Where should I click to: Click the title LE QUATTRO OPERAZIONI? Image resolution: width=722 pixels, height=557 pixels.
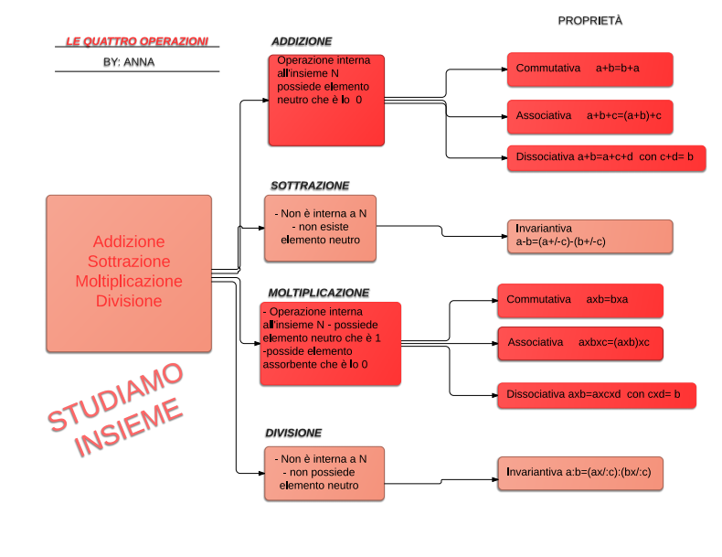137,41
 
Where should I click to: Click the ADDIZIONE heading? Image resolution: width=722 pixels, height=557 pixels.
302,41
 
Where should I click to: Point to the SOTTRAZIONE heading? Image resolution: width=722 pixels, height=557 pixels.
310,185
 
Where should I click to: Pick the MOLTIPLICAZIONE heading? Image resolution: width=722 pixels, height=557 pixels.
319,293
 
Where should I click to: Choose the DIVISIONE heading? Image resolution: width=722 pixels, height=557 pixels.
293,433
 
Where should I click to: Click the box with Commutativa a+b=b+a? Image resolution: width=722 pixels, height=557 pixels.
589,69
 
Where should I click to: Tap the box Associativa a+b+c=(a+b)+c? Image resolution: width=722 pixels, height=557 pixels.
589,116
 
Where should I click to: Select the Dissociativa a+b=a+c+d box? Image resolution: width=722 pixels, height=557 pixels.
607,157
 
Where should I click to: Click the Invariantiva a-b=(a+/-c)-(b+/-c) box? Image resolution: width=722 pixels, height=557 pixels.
589,236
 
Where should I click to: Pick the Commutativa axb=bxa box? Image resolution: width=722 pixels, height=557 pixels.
580,300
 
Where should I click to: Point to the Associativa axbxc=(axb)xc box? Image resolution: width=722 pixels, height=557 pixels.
580,343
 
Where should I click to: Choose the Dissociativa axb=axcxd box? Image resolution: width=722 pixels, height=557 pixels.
596,395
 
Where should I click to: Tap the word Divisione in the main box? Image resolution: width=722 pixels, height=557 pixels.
129,301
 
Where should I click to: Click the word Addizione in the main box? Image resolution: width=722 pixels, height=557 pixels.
129,241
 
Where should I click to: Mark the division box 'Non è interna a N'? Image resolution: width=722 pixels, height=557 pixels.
324,473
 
